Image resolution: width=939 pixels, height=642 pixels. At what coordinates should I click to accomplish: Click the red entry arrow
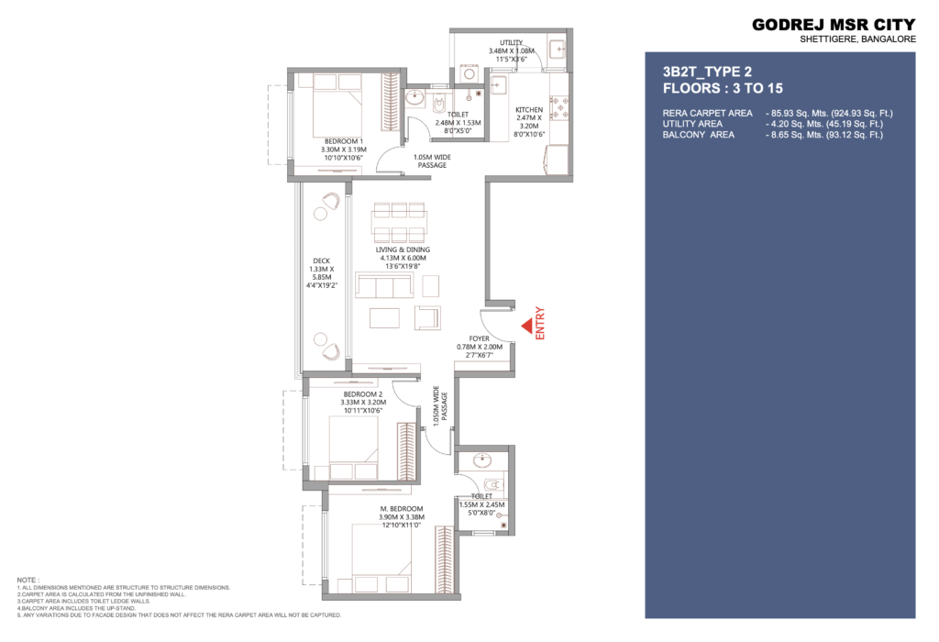click(527, 327)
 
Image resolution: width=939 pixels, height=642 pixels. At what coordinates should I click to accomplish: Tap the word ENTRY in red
click(540, 324)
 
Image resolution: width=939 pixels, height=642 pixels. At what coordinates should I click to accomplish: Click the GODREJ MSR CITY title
click(834, 25)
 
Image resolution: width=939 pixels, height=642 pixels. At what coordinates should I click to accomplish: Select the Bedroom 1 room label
click(344, 141)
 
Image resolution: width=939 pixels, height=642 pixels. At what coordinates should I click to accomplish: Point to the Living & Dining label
click(403, 249)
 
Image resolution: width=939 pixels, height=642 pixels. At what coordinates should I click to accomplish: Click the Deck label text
click(322, 261)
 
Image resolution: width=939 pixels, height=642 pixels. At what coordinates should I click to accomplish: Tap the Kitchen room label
click(529, 109)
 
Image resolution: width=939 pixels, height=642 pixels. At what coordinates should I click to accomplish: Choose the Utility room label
click(512, 42)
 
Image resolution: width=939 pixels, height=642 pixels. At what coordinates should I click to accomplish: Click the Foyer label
click(479, 339)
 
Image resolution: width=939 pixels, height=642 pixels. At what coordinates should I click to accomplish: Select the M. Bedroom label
click(402, 509)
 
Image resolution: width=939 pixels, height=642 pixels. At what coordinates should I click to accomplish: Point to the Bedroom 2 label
click(363, 394)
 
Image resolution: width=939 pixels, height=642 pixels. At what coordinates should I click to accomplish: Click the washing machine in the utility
click(469, 74)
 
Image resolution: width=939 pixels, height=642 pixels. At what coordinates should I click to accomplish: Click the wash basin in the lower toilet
click(482, 459)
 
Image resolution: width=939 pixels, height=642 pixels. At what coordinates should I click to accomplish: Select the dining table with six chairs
click(400, 222)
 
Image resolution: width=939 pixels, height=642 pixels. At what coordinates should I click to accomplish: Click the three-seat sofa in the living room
click(384, 285)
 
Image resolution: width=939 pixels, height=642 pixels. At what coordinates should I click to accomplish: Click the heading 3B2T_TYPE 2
click(707, 72)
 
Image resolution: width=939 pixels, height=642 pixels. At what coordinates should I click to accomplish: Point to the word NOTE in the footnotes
click(28, 580)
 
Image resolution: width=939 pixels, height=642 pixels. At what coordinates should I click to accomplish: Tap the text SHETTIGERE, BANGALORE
click(858, 39)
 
